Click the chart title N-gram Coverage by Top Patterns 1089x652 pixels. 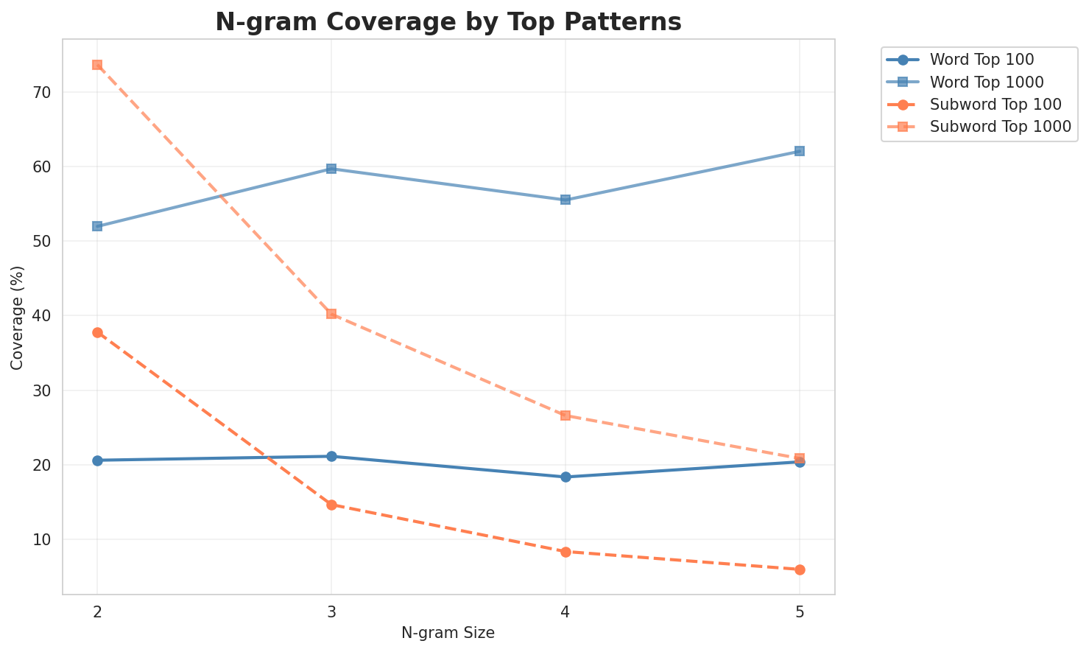tap(448, 22)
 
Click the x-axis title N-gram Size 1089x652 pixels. tap(448, 633)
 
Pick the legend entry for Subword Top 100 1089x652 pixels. tap(985, 104)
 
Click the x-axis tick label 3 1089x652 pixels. tap(331, 613)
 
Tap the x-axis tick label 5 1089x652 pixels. tap(800, 613)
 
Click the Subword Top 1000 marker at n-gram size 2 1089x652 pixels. tap(97, 65)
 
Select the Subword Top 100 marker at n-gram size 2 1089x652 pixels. tap(97, 332)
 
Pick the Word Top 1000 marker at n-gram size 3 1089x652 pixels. tap(331, 169)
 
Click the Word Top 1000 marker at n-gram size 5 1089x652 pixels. tap(800, 151)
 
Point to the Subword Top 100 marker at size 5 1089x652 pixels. tap(800, 569)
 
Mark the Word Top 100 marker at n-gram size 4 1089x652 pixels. tap(565, 477)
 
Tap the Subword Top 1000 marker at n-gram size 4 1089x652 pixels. tap(565, 416)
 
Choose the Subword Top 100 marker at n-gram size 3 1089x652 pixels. tap(331, 505)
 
